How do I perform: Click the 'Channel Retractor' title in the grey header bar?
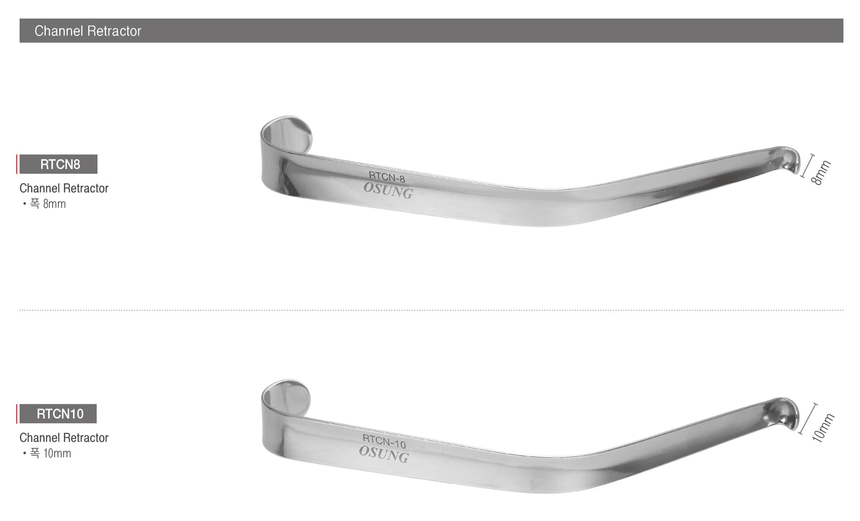[88, 31]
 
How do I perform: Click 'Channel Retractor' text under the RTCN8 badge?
[64, 188]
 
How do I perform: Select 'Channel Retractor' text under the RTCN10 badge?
[64, 438]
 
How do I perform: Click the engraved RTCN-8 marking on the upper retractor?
[387, 177]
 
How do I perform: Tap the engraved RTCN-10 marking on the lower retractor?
[384, 441]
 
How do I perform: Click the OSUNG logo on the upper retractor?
[388, 191]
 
